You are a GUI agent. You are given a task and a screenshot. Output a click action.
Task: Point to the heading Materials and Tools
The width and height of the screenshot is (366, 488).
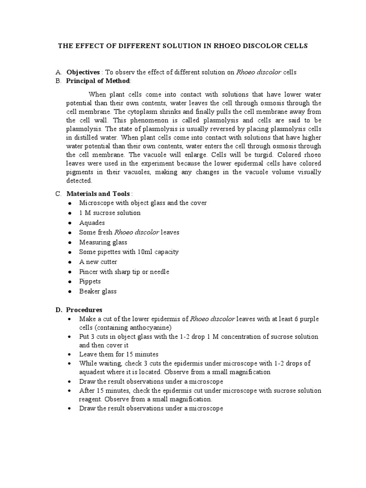pos(98,193)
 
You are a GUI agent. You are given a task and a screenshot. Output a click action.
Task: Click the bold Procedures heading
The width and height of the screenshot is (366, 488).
pos(84,310)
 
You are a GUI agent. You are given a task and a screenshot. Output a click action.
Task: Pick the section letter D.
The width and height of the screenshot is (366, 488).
pos(58,310)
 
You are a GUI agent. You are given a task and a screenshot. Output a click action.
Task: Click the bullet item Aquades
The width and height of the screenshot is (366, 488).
pos(92,223)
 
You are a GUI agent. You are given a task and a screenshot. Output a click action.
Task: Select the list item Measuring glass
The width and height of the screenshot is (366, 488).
pos(103,242)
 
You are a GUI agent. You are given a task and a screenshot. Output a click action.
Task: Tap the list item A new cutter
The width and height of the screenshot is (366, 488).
pos(98,262)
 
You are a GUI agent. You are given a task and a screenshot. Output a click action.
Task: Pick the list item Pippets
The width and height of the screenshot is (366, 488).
pos(90,281)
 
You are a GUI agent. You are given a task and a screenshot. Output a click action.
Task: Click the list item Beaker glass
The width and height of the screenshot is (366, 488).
pos(98,291)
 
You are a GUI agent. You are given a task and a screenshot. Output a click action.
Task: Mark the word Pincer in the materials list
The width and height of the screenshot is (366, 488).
pos(89,272)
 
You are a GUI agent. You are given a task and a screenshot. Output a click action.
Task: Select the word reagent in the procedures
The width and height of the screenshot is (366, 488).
pos(91,399)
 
